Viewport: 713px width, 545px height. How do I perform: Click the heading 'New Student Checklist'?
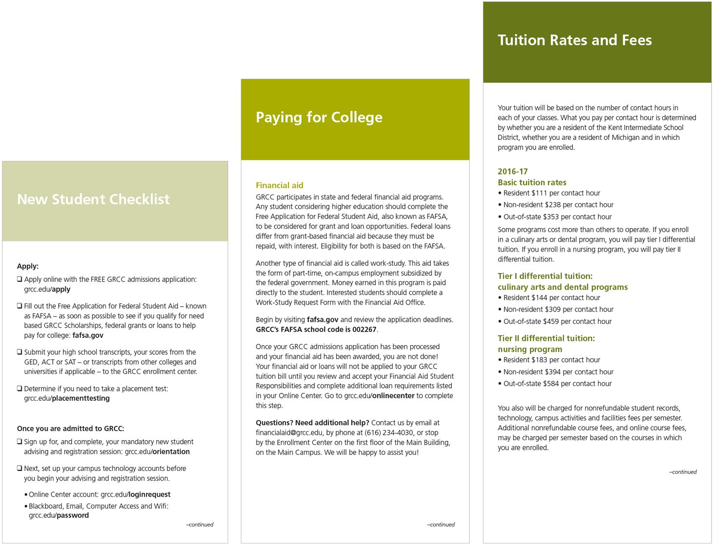(x=93, y=199)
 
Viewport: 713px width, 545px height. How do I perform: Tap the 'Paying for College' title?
(x=319, y=117)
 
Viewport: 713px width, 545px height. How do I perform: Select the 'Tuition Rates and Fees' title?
(x=574, y=40)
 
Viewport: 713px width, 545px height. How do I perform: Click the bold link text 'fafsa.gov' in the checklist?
(x=88, y=335)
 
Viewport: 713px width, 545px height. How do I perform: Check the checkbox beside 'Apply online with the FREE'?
(x=19, y=279)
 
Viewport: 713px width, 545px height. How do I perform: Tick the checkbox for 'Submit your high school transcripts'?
(x=19, y=352)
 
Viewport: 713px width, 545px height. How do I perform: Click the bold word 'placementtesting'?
(x=81, y=398)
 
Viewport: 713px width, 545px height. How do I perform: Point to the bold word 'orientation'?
(x=171, y=452)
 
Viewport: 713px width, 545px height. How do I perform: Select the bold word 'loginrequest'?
(x=149, y=494)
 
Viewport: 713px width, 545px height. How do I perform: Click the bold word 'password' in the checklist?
(x=73, y=515)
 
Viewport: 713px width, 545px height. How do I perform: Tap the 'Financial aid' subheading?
(x=279, y=185)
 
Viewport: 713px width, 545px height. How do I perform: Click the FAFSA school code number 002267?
(x=365, y=330)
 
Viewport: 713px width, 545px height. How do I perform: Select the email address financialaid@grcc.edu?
(x=289, y=433)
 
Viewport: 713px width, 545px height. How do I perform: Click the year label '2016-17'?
(x=512, y=172)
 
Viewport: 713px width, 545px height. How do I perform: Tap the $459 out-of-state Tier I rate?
(x=553, y=321)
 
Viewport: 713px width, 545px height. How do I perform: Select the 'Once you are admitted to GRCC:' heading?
(x=71, y=428)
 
